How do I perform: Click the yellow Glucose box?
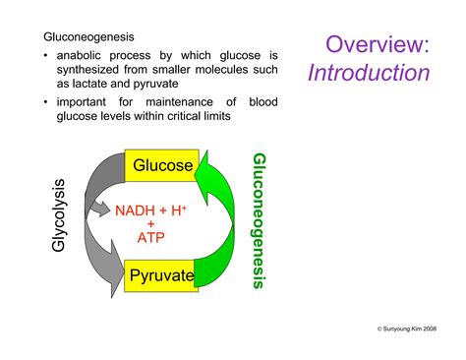coord(161,165)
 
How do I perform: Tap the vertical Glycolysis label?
coord(59,214)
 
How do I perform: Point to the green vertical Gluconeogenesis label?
coord(260,220)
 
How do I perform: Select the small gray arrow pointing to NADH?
coord(99,209)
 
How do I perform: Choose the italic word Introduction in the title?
coord(368,73)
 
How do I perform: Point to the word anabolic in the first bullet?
coord(82,55)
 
